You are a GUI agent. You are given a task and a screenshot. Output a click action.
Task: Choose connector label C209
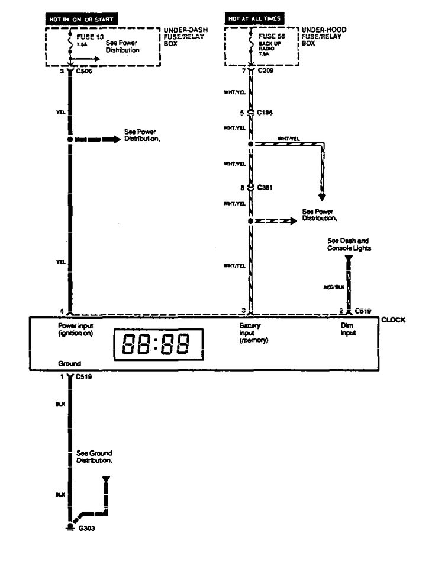tap(266, 72)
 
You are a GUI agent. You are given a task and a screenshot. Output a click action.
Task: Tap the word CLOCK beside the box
tap(393, 320)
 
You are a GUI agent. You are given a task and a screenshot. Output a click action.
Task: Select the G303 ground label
tap(86, 530)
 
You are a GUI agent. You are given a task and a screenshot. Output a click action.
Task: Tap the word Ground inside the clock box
tap(69, 362)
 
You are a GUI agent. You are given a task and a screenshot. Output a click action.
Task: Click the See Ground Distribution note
tap(95, 456)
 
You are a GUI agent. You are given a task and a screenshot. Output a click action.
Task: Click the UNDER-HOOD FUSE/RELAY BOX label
tap(324, 36)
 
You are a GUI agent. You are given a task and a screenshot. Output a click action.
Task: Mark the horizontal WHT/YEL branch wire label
tap(288, 139)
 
